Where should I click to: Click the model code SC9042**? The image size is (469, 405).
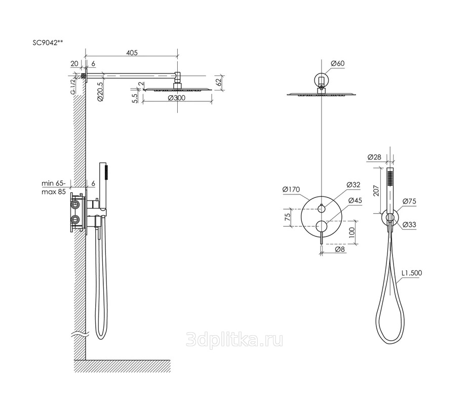click(48, 43)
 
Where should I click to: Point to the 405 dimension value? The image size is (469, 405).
click(132, 53)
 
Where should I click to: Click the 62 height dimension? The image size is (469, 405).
click(219, 82)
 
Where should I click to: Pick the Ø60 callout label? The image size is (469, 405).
click(338, 63)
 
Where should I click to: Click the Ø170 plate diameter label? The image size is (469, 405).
click(291, 189)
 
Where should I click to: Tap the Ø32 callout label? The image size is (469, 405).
click(354, 185)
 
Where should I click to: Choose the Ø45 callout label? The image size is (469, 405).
click(355, 200)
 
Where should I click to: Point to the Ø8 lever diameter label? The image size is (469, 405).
click(340, 249)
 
